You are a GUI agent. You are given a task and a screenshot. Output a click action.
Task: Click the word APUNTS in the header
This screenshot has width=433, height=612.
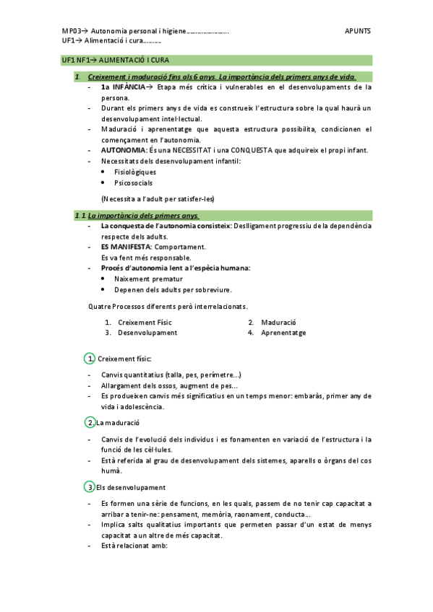click(x=358, y=32)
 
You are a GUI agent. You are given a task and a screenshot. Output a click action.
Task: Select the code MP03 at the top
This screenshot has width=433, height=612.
click(x=71, y=32)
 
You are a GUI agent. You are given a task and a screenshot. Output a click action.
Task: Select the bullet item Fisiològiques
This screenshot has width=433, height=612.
click(x=135, y=172)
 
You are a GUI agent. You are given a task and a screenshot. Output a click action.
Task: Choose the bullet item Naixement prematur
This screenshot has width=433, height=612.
click(x=148, y=279)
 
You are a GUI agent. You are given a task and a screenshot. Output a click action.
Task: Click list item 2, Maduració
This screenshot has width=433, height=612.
click(x=278, y=322)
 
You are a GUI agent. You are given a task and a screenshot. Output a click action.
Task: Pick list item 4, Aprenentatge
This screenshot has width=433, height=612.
click(x=283, y=333)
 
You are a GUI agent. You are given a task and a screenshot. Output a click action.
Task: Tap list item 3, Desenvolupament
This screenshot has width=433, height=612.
click(x=147, y=333)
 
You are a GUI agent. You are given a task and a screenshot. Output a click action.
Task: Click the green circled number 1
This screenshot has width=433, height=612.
click(x=90, y=359)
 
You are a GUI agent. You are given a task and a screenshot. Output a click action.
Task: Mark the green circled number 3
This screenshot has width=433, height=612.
click(x=90, y=487)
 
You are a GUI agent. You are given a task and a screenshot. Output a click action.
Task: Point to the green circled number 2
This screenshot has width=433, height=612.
click(x=90, y=422)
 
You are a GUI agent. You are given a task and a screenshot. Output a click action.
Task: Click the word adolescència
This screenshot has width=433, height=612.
click(x=140, y=406)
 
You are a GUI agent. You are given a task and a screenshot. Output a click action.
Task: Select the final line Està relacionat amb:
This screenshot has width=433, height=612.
click(x=134, y=546)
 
